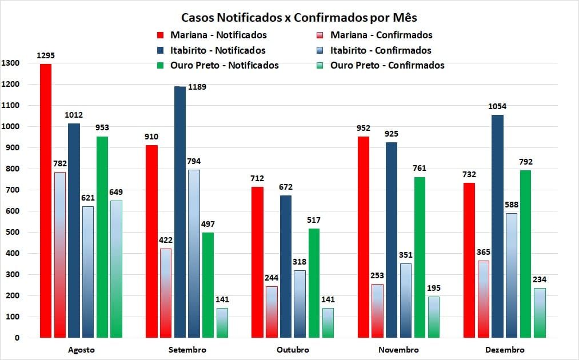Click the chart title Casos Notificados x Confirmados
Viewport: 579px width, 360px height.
point(303,17)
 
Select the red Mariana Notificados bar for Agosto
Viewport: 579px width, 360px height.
point(46,200)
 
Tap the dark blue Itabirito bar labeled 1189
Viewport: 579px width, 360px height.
point(180,211)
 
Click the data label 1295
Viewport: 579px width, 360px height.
point(46,56)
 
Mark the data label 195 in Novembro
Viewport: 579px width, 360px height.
point(434,288)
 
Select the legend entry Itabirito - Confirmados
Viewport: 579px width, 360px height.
point(381,50)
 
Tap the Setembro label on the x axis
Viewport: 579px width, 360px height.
point(187,350)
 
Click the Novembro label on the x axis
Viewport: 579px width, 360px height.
point(399,350)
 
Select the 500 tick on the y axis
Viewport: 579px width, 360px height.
point(13,232)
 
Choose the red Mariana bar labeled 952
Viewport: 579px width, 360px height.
point(363,237)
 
